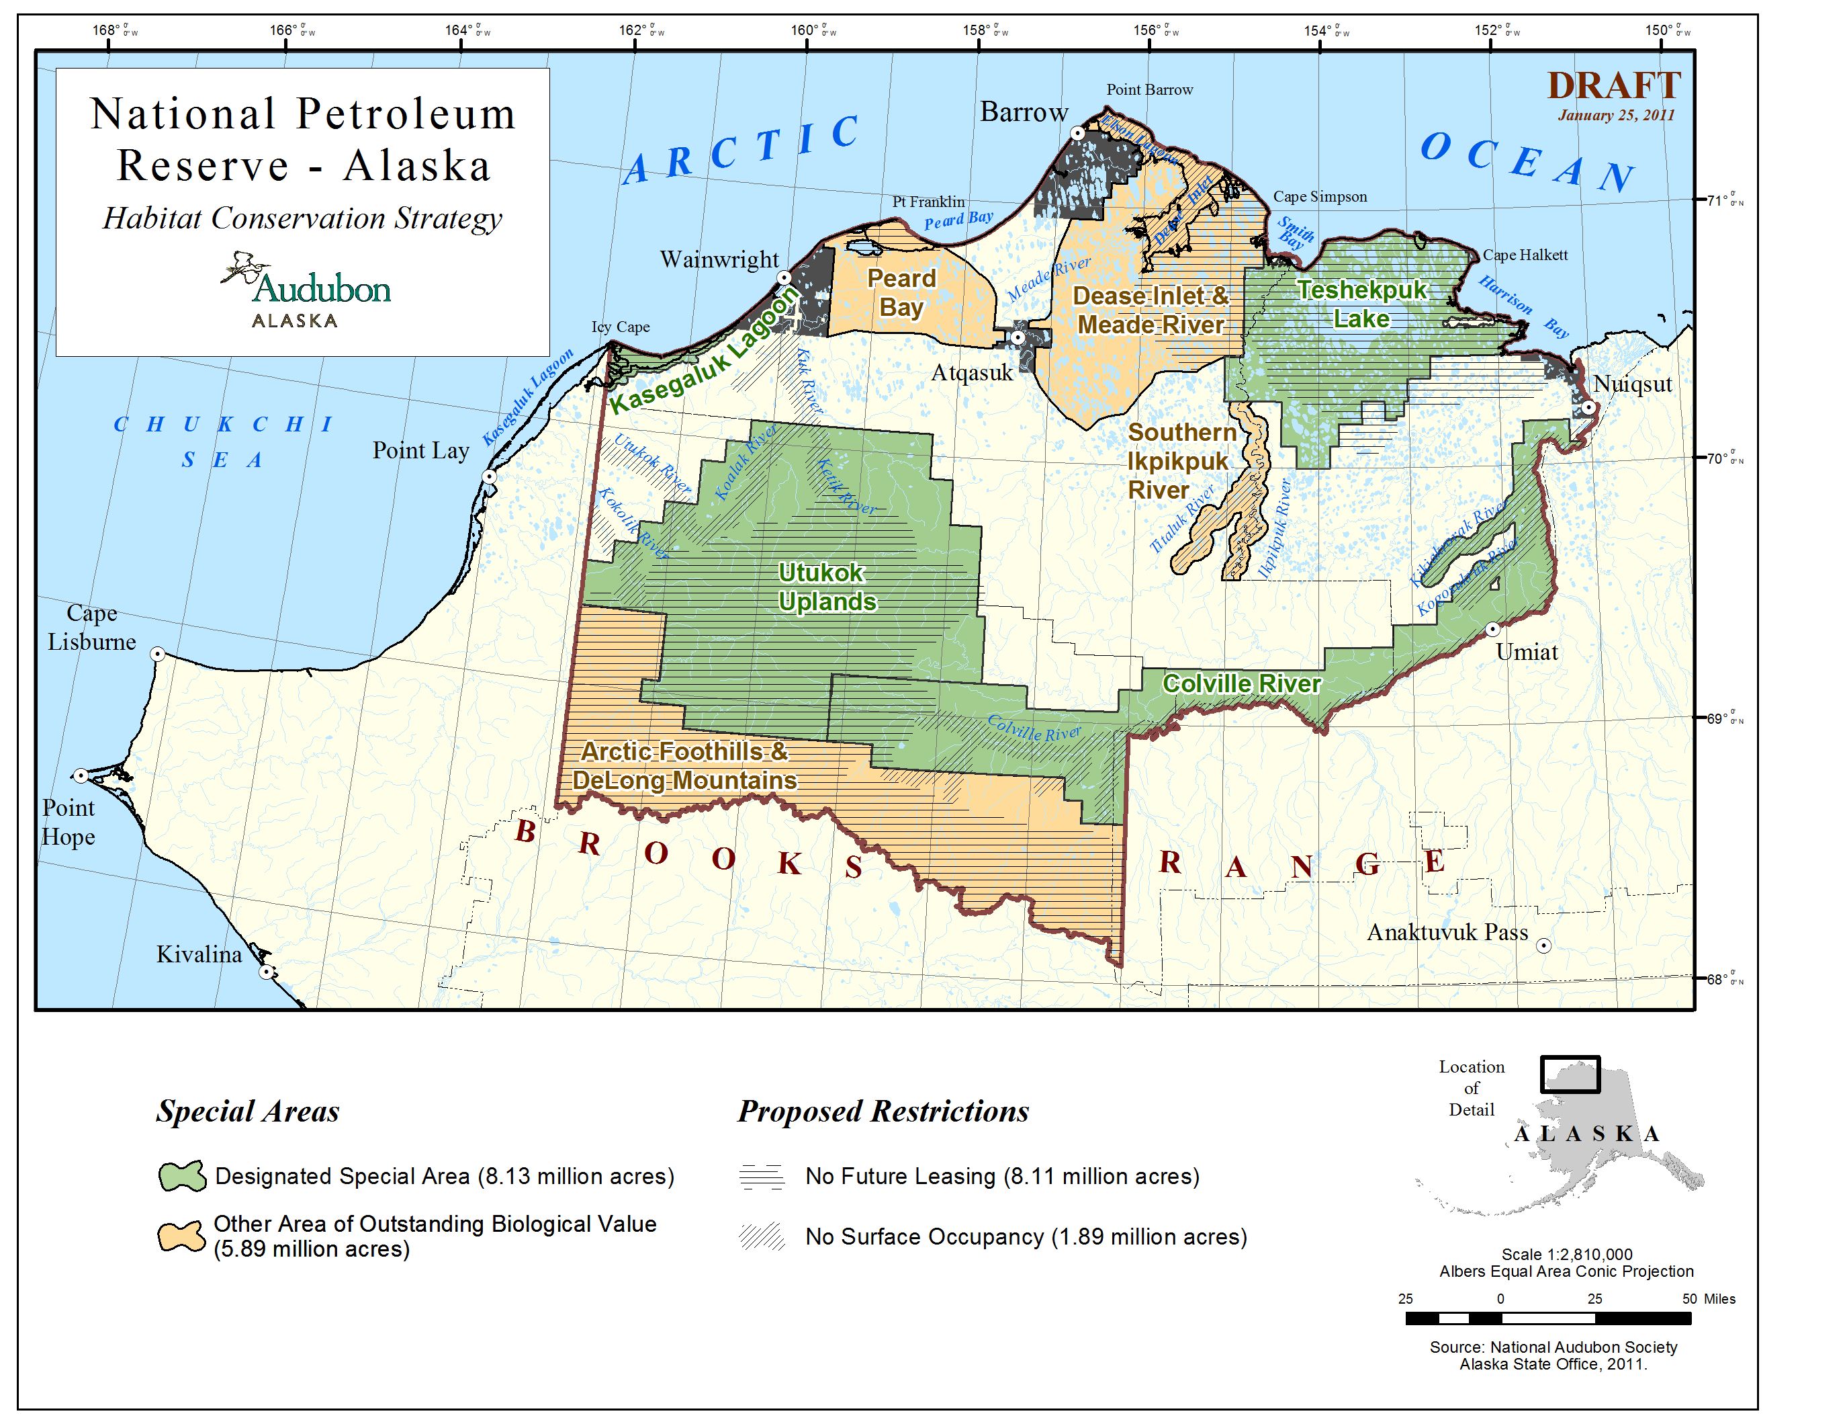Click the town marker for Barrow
(1077, 133)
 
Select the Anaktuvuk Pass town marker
(1543, 946)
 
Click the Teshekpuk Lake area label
(1361, 304)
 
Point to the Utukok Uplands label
(826, 587)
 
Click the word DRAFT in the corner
(1613, 86)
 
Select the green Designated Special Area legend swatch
(182, 1177)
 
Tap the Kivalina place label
(199, 955)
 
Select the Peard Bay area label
(901, 293)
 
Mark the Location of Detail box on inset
(1570, 1075)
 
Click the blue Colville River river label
(1034, 728)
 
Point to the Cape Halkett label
(1525, 255)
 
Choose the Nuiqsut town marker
(1589, 408)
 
